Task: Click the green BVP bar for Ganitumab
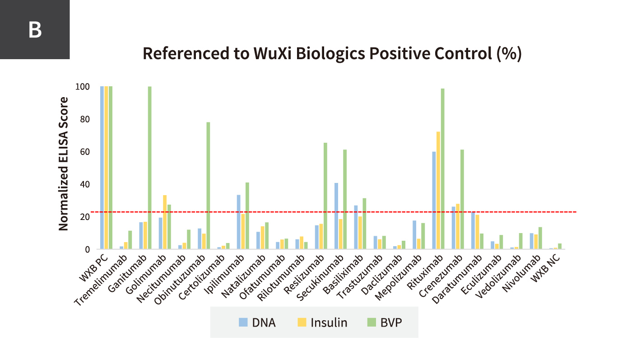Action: point(149,168)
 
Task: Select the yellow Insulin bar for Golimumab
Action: point(165,222)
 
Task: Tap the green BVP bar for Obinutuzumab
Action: point(208,185)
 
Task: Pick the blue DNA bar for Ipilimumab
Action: point(238,222)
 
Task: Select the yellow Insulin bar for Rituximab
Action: point(438,190)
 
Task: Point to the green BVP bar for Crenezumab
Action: point(462,199)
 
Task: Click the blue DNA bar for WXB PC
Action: point(102,168)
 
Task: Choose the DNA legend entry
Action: point(257,323)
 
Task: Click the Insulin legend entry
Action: point(322,323)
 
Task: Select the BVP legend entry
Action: point(384,323)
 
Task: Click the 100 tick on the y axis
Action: point(83,87)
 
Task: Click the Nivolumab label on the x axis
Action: point(520,271)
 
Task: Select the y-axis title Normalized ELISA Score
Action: point(64,164)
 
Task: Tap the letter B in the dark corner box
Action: point(35,30)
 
